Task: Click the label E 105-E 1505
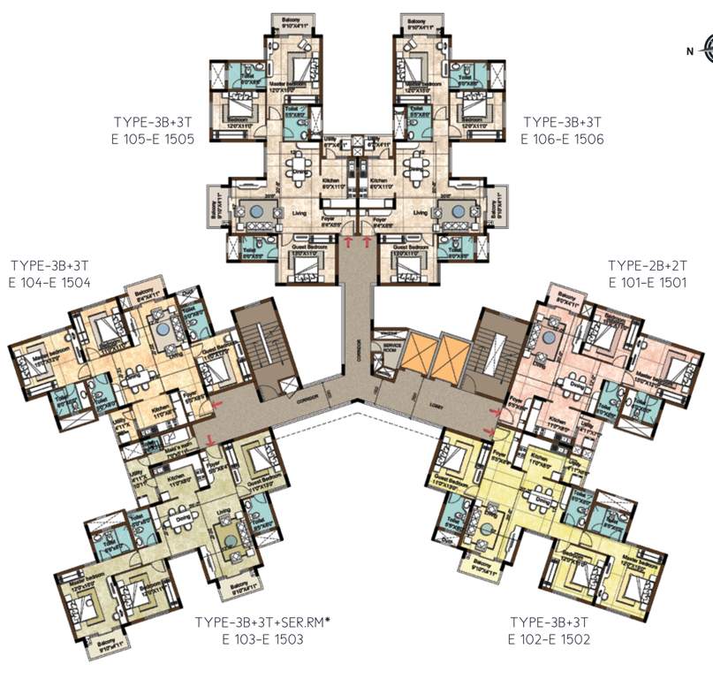(x=148, y=138)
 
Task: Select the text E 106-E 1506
(x=562, y=138)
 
